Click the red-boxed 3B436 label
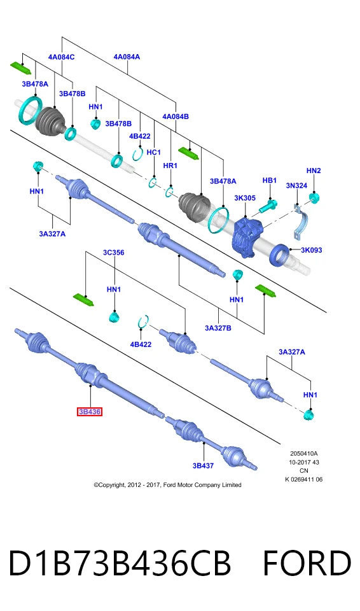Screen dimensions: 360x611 coord(90,412)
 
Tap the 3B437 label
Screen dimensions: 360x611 coord(203,465)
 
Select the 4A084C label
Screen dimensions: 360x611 coord(61,57)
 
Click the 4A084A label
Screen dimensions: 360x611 coord(127,57)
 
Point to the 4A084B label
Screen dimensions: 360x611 coord(176,116)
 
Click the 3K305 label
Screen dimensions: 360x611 coord(245,198)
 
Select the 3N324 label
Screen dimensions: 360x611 coord(296,185)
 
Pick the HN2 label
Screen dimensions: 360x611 coord(314,171)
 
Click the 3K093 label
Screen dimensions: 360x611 coord(311,250)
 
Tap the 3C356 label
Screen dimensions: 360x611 coord(113,253)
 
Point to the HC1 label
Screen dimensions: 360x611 coord(153,152)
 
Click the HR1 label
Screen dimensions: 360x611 coord(170,165)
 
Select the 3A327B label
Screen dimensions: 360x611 coord(218,328)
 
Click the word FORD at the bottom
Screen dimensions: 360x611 coord(307,563)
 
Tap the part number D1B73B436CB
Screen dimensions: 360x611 coord(120,563)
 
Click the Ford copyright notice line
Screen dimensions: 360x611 coord(167,485)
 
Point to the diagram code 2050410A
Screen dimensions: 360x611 coord(304,454)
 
